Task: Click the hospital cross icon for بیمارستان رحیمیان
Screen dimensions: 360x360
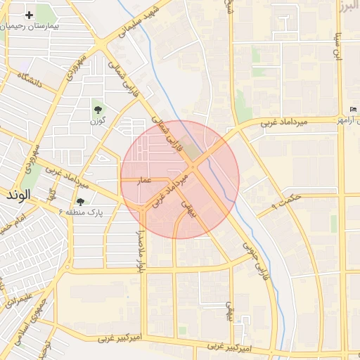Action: point(29,15)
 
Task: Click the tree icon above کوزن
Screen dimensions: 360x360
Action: point(97,110)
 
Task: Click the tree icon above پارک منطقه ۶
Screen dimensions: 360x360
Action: point(79,202)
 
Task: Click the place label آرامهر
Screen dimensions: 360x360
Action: point(349,121)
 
